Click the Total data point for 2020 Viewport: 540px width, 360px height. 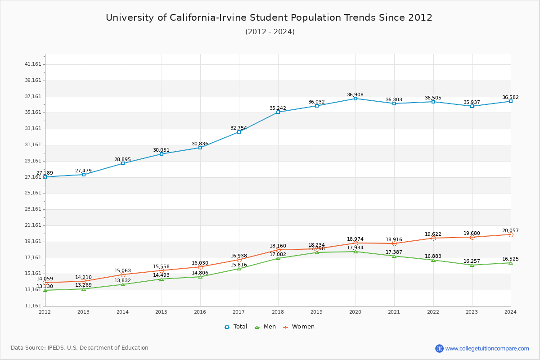click(355, 99)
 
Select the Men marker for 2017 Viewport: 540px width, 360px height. click(239, 269)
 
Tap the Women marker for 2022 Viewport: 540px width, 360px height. click(433, 238)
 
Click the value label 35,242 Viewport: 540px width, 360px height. click(278, 108)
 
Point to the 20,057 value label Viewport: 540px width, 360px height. click(510, 231)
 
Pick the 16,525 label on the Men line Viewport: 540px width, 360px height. click(510, 259)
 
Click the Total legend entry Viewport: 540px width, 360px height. click(236, 327)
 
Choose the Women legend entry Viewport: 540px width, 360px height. click(299, 327)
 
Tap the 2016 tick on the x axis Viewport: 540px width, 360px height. click(200, 311)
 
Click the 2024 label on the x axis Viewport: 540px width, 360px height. click(511, 311)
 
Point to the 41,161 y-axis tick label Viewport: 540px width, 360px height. click(33, 64)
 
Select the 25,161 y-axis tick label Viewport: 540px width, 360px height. click(33, 193)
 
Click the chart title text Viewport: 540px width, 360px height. click(269, 18)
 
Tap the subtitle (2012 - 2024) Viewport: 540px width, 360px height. click(270, 32)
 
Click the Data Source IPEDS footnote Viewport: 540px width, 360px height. click(80, 348)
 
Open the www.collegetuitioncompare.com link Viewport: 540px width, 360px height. click(487, 348)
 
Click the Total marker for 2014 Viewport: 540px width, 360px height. click(123, 163)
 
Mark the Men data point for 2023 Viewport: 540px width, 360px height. click(472, 265)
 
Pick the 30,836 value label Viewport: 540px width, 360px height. click(200, 144)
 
